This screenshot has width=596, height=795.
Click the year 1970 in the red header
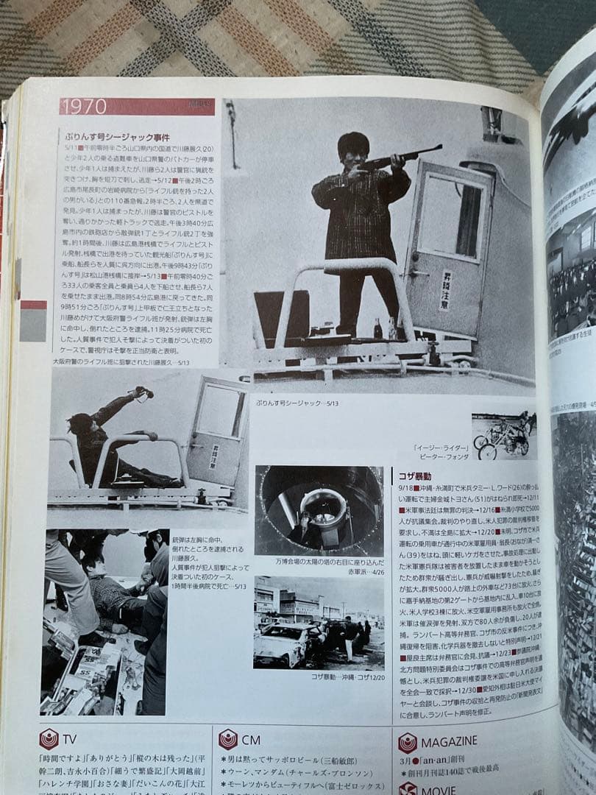(x=85, y=107)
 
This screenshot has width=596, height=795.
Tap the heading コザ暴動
(x=415, y=476)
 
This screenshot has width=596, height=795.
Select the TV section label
(x=71, y=738)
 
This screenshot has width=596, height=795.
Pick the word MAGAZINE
(x=449, y=741)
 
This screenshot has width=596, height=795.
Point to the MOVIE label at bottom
(x=439, y=790)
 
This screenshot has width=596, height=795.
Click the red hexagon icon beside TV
(x=49, y=738)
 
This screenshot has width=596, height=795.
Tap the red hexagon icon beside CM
(x=228, y=739)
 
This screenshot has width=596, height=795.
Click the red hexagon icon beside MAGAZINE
(x=408, y=742)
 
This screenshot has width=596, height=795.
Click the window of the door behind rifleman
(x=450, y=216)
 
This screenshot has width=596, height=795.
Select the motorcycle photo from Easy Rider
(x=503, y=435)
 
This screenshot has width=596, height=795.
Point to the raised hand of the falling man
(x=139, y=393)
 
